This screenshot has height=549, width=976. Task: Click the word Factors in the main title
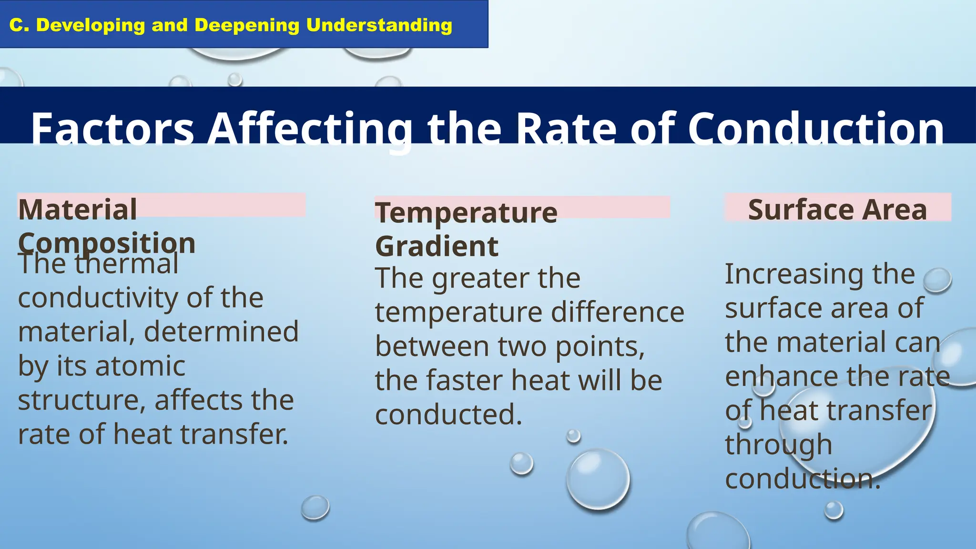click(112, 129)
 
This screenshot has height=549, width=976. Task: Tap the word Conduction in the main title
click(815, 129)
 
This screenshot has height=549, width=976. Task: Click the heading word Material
click(78, 210)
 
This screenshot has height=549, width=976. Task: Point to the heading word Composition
click(107, 243)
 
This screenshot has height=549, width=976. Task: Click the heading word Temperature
click(466, 213)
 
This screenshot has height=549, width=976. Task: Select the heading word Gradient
click(437, 246)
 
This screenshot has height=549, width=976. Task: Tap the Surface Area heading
click(837, 210)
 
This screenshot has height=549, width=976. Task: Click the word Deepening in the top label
click(246, 25)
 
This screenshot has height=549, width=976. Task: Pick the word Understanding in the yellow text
click(379, 25)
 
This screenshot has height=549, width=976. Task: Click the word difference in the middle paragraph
click(618, 313)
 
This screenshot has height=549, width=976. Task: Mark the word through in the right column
click(778, 445)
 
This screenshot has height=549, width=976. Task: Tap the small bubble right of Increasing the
click(937, 280)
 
